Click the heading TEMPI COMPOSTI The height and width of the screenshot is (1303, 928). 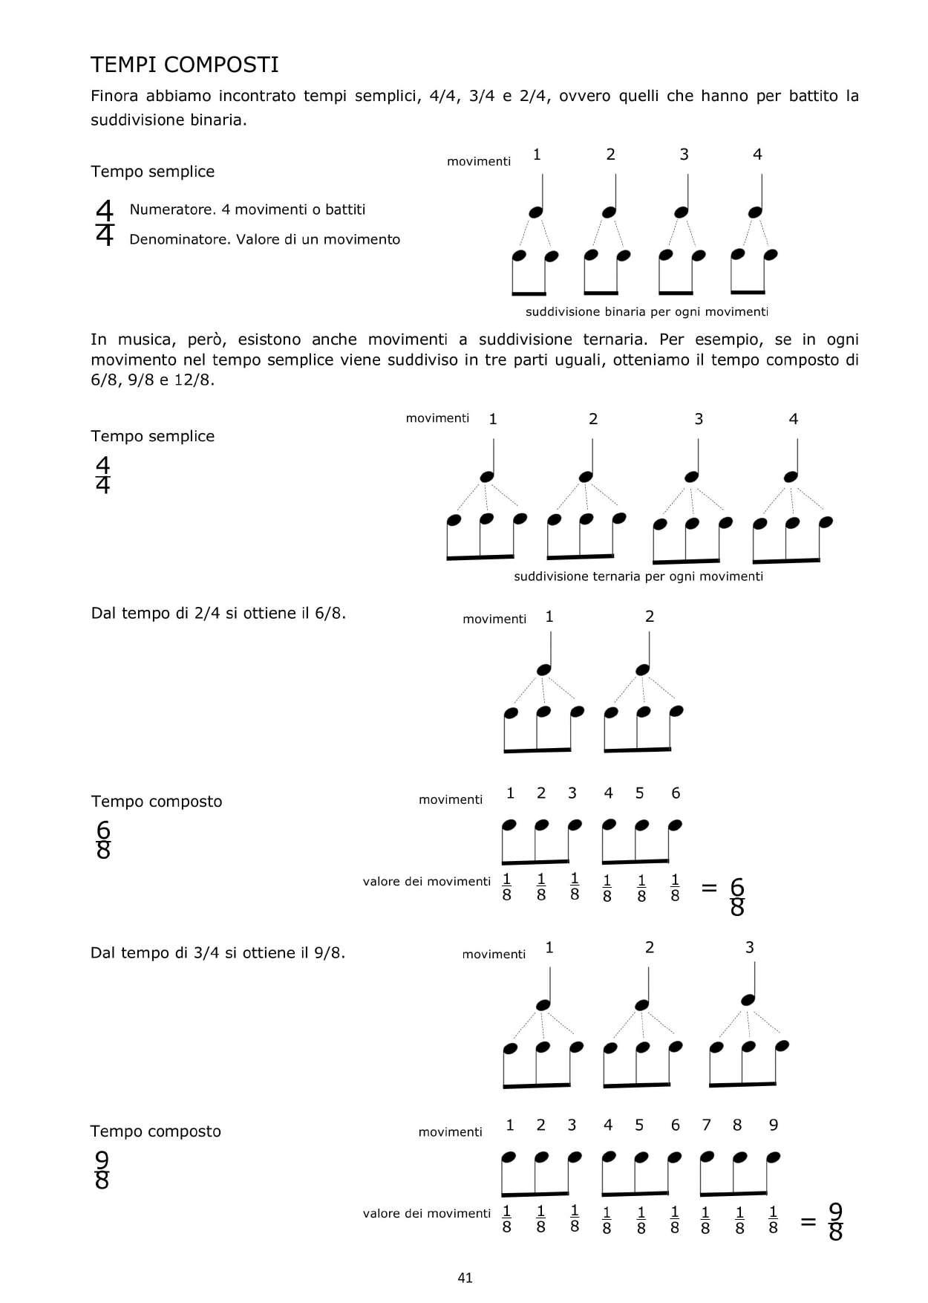pos(184,65)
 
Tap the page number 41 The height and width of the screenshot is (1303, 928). pos(465,1278)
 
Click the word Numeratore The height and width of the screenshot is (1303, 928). pos(171,209)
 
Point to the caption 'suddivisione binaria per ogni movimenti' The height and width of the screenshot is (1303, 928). pos(647,312)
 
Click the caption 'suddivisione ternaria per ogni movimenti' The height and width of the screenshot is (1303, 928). pos(638,576)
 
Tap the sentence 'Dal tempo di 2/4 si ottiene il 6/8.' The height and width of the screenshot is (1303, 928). pos(218,614)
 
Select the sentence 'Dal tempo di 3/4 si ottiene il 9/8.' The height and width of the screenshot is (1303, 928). pos(218,952)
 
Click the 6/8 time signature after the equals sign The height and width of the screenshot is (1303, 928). pos(736,897)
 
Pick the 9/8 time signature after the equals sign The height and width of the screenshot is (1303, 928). pos(835,1222)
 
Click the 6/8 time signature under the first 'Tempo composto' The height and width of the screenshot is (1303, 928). pos(103,840)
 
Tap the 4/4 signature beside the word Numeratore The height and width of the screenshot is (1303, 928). pos(105,223)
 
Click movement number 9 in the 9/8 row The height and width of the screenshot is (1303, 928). pos(773,1125)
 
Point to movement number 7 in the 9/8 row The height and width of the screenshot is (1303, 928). pos(706,1125)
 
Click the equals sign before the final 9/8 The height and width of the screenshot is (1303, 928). pos(808,1221)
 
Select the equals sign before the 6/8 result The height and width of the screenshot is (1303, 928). pos(709,887)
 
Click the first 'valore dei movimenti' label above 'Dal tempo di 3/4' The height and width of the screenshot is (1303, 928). pos(426,882)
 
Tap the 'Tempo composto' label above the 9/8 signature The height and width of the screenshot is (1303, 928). pos(155,1131)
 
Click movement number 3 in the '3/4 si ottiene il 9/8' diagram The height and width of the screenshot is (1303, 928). pos(749,947)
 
